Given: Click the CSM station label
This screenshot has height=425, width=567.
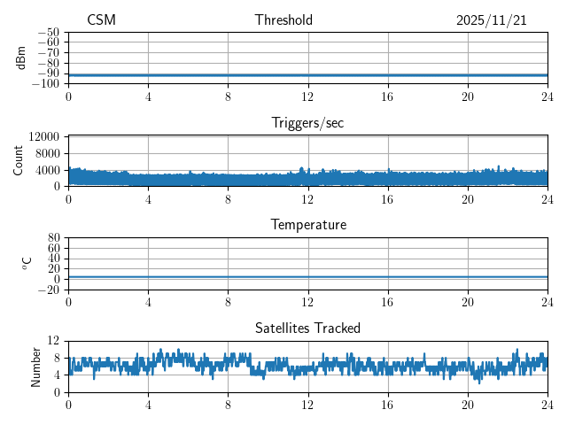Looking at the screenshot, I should point(101,20).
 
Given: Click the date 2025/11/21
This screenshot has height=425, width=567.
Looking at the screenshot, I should point(491,20).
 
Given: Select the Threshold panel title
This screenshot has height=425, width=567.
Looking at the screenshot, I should point(283,20).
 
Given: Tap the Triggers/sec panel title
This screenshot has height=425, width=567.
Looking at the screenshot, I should point(307,123).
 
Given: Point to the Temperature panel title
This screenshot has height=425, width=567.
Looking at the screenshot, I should point(307,225).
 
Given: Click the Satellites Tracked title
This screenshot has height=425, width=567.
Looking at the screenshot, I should point(307,328).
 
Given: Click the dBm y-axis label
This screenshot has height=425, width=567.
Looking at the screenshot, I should point(21,58).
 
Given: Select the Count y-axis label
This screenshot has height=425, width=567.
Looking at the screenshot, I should point(18,160).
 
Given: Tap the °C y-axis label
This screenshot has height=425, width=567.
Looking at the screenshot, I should point(27,263).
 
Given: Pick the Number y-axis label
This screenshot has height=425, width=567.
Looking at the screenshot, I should point(35,366).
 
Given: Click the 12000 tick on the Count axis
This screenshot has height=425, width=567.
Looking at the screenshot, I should point(43,137).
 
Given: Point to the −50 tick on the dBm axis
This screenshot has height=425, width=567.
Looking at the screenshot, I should point(48,33).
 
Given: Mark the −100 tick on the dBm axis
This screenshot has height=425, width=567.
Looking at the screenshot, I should point(45,84).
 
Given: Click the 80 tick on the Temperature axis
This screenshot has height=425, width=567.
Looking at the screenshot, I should point(53,238).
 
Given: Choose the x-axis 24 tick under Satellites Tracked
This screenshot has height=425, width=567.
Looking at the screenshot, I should point(547,405).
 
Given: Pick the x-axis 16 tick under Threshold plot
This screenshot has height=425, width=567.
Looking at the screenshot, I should point(387,97).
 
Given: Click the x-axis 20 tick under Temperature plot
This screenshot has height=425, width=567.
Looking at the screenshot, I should point(467,302).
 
